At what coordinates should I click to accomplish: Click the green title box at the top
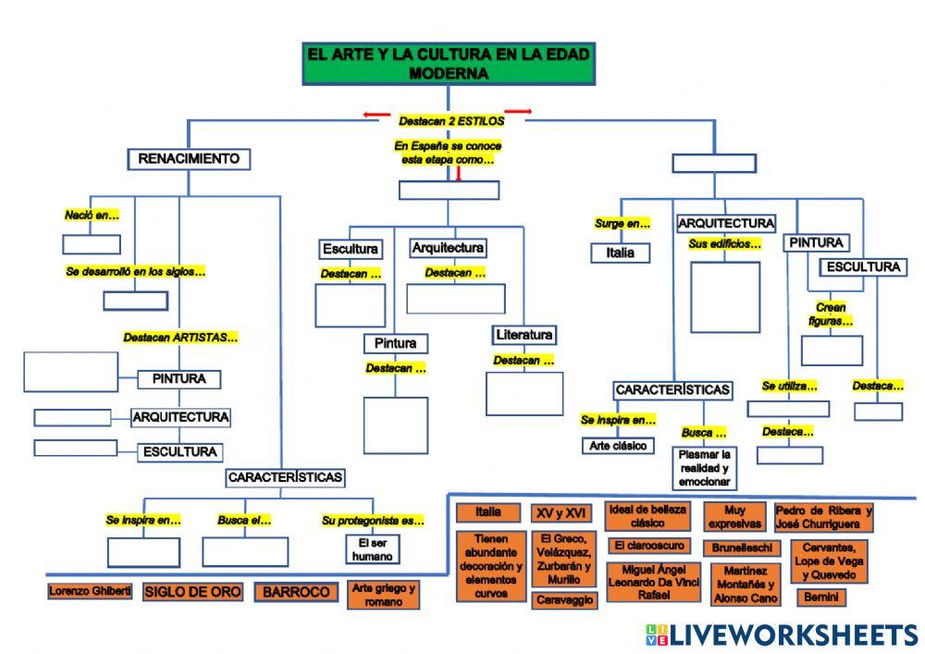pyautogui.click(x=449, y=64)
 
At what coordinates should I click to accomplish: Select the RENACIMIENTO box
pyautogui.click(x=189, y=158)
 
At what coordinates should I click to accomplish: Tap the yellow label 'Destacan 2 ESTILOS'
pyautogui.click(x=451, y=121)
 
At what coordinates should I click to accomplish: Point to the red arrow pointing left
pyautogui.click(x=376, y=115)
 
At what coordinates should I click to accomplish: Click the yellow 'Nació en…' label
pyautogui.click(x=92, y=216)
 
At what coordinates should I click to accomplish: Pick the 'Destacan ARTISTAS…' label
pyautogui.click(x=180, y=338)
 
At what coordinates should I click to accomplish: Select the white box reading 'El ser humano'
pyautogui.click(x=372, y=549)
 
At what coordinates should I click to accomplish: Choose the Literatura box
pyautogui.click(x=524, y=335)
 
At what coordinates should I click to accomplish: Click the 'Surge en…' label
pyautogui.click(x=623, y=224)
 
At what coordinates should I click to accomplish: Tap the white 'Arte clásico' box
pyautogui.click(x=618, y=446)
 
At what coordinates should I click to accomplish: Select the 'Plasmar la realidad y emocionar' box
pyautogui.click(x=704, y=468)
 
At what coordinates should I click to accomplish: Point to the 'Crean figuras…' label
pyautogui.click(x=831, y=315)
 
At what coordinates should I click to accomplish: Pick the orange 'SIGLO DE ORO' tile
pyautogui.click(x=192, y=591)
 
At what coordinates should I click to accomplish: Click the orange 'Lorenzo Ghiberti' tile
pyautogui.click(x=90, y=591)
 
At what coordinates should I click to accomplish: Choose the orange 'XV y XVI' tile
pyautogui.click(x=561, y=513)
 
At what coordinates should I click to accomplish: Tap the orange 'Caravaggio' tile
pyautogui.click(x=564, y=600)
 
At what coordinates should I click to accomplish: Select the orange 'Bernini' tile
pyautogui.click(x=821, y=598)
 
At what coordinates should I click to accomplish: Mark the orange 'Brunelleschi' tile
pyautogui.click(x=742, y=548)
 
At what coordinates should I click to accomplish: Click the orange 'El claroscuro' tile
pyautogui.click(x=649, y=546)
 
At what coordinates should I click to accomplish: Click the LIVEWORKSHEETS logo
pyautogui.click(x=782, y=635)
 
